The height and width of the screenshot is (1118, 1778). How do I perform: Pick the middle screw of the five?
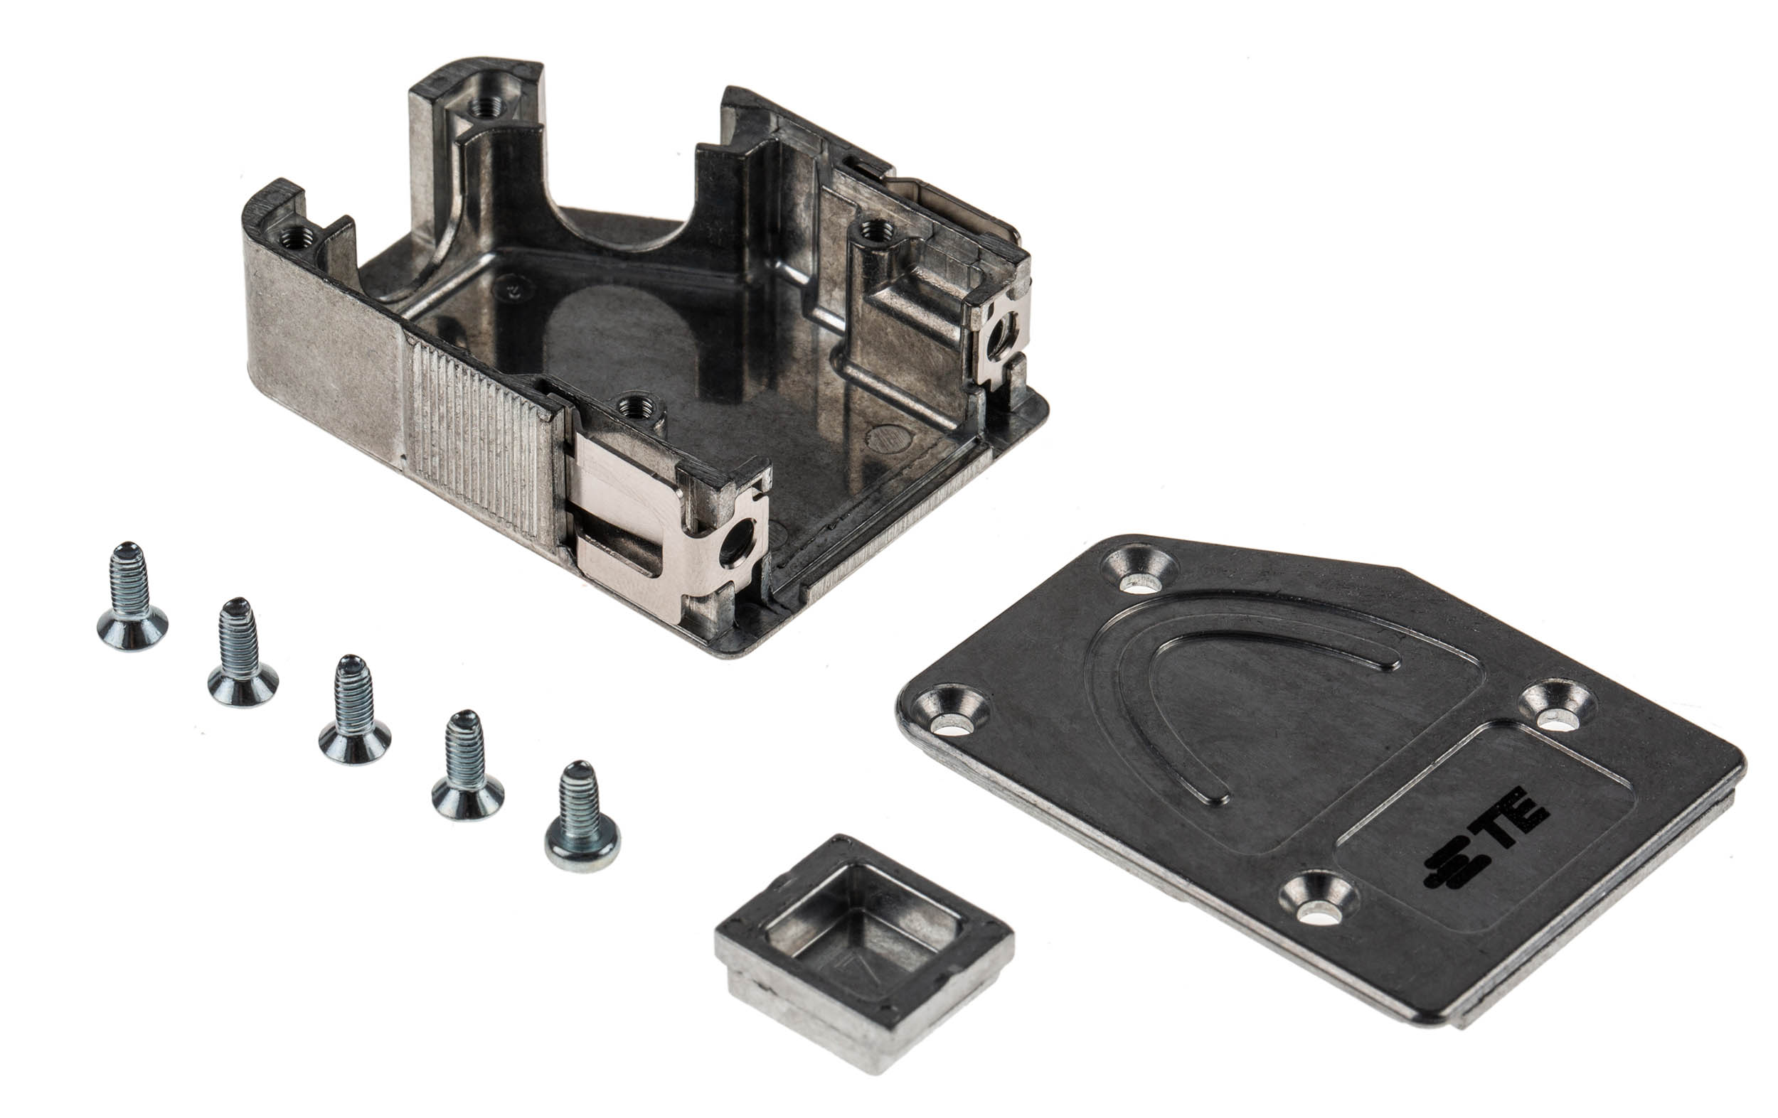click(354, 709)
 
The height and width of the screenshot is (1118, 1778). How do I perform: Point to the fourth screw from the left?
click(467, 765)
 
